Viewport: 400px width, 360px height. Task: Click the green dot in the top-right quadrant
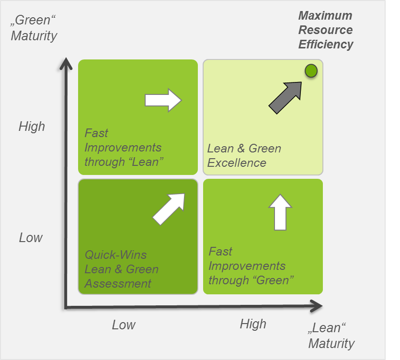click(x=311, y=71)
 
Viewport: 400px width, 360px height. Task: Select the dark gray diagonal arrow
click(x=286, y=97)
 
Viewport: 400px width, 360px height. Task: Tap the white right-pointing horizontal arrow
click(x=163, y=100)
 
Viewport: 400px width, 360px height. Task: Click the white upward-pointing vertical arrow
click(x=280, y=212)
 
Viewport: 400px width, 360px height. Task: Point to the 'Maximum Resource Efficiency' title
click(x=325, y=30)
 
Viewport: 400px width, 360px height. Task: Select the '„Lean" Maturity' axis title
click(x=331, y=336)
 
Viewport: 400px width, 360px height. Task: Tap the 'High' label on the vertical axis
click(x=32, y=126)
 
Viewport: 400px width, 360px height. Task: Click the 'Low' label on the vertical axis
click(x=31, y=237)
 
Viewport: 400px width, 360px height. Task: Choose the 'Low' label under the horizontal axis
click(x=124, y=325)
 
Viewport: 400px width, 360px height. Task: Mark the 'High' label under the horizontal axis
click(x=252, y=324)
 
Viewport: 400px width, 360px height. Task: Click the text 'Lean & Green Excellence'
click(x=244, y=155)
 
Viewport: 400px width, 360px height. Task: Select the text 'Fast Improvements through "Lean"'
click(x=124, y=147)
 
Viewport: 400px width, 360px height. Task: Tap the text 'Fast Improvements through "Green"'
click(x=251, y=266)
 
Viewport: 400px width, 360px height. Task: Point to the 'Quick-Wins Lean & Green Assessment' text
click(x=121, y=269)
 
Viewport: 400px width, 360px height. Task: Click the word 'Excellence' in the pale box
click(x=237, y=163)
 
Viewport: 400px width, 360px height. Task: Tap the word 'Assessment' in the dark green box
click(x=118, y=283)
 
